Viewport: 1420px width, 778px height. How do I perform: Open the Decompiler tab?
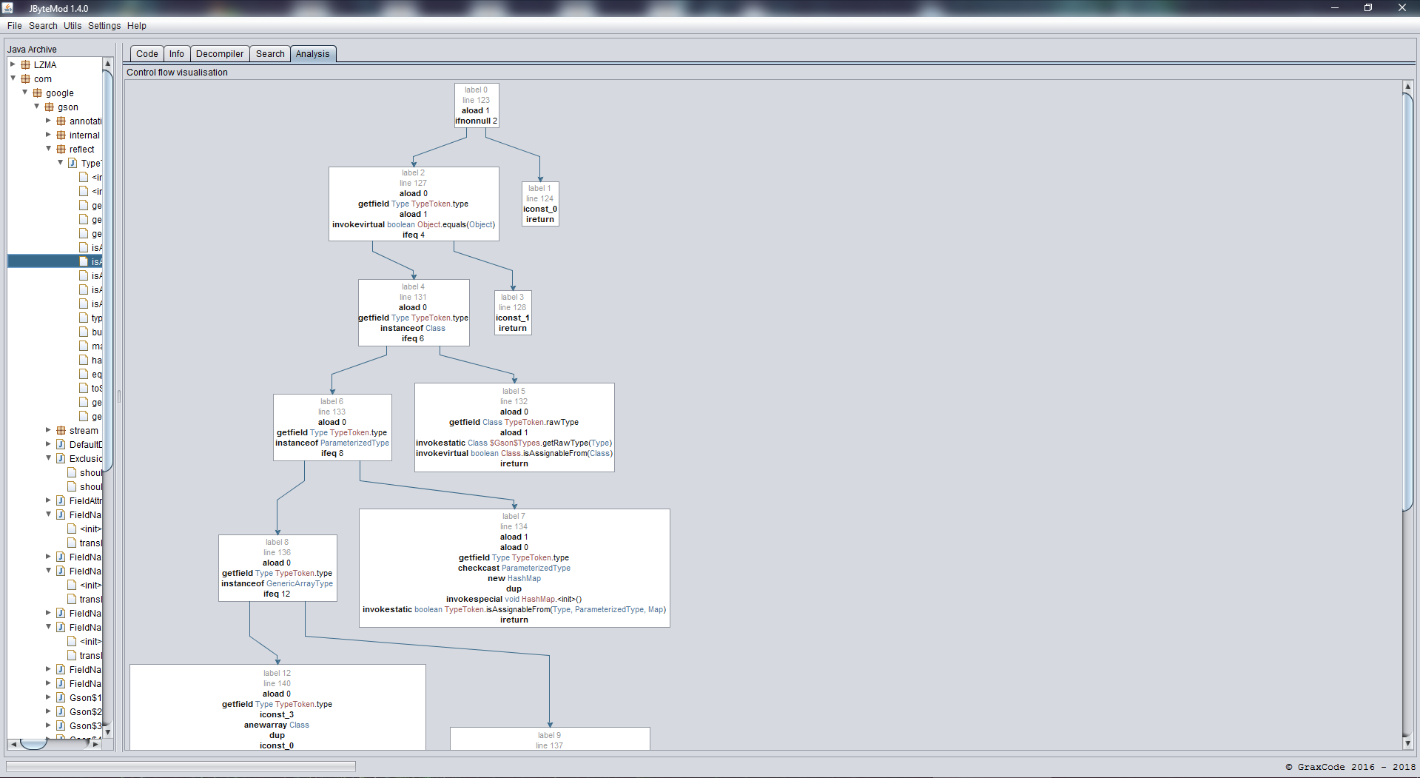click(219, 54)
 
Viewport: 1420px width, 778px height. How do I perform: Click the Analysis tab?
click(312, 54)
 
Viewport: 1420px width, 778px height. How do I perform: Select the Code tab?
click(147, 54)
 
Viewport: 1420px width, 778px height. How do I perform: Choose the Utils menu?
click(73, 26)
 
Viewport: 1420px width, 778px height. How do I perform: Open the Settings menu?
click(104, 26)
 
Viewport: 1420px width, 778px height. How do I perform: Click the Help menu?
click(137, 26)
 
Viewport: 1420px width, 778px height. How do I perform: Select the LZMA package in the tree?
click(44, 65)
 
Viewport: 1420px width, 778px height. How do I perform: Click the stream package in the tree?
click(83, 431)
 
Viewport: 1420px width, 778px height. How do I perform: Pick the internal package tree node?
click(84, 135)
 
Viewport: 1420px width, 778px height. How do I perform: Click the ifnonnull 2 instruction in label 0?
click(476, 121)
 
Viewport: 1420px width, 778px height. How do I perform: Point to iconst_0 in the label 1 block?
click(539, 209)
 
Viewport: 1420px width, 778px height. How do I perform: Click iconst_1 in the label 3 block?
click(512, 318)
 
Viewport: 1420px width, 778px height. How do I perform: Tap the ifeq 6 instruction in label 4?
click(413, 339)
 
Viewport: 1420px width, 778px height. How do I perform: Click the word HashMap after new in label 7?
click(524, 579)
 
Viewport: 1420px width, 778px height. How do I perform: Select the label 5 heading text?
click(514, 392)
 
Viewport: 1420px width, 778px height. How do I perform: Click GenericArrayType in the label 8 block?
click(300, 584)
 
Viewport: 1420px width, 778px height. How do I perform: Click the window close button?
click(1402, 8)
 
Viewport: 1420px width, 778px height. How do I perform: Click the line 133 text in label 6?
click(332, 412)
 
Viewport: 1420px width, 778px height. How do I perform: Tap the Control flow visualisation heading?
click(177, 73)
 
